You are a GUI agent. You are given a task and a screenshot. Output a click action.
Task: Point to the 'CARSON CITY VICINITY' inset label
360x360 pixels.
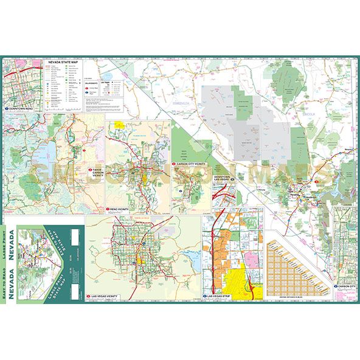point(191,164)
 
